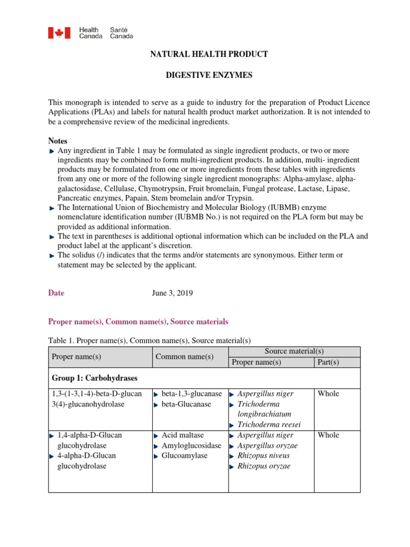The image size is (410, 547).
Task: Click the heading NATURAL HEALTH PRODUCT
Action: coord(209,54)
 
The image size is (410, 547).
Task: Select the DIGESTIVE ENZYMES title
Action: coord(209,76)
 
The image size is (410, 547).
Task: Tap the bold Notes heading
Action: coord(58,141)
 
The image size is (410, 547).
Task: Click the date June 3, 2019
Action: coord(173,293)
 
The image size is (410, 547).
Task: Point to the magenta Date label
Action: coord(56,293)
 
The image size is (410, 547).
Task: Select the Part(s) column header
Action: coord(328,362)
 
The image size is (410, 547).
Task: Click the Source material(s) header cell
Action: coord(294,351)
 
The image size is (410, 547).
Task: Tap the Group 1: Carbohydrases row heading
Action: coord(94,378)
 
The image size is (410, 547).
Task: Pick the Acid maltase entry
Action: coord(183,435)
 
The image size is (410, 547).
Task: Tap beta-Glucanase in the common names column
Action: coord(187,404)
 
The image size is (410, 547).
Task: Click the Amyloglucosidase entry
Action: coord(191,446)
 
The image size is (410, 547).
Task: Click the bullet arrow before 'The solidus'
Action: coord(52,256)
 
